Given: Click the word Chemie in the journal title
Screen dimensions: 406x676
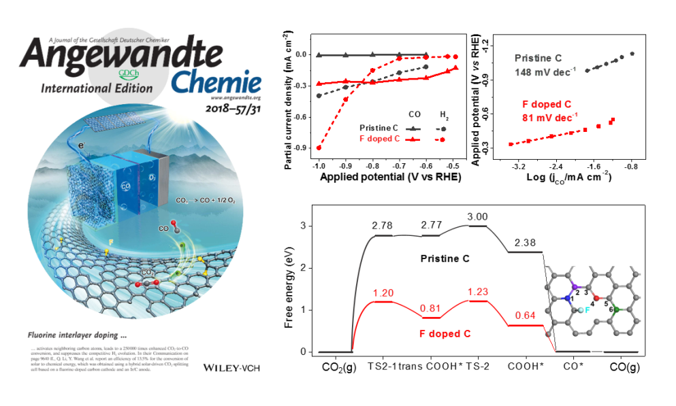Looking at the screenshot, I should click(216, 84).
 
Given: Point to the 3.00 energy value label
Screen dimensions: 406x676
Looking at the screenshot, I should click(476, 217).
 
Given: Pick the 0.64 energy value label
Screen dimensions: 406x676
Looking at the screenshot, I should click(524, 316).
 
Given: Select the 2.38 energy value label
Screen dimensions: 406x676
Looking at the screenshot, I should click(526, 243).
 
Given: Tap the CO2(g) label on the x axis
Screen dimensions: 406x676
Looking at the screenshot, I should click(338, 367).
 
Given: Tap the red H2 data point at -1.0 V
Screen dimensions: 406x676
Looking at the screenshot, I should click(319, 148).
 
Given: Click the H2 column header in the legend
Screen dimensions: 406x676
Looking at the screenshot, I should click(442, 116).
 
